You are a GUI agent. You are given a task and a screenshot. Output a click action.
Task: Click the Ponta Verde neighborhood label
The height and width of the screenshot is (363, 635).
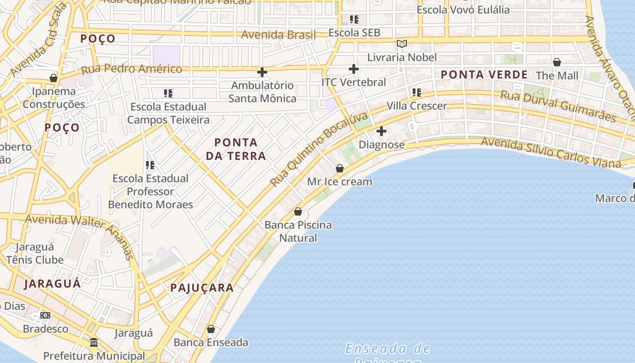tap(484, 75)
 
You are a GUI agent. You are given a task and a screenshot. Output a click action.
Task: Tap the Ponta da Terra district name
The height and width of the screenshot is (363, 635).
tap(236, 149)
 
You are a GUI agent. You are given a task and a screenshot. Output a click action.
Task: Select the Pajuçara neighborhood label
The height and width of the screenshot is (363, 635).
tap(202, 288)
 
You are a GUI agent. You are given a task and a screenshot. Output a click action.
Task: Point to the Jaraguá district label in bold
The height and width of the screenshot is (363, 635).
tap(53, 284)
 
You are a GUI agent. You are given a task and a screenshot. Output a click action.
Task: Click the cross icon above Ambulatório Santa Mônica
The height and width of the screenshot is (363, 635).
tap(262, 72)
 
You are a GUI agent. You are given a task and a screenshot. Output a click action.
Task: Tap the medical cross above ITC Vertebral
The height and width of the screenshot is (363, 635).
tap(354, 69)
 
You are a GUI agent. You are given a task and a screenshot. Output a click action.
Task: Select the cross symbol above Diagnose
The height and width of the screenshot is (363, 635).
tap(381, 131)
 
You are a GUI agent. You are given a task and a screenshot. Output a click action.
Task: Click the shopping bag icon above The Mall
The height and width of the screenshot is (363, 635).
tap(557, 62)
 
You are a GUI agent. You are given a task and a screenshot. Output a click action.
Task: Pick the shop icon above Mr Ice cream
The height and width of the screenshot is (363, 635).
tap(340, 168)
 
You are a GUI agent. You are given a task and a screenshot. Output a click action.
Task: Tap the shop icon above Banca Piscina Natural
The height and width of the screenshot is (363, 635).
tap(298, 211)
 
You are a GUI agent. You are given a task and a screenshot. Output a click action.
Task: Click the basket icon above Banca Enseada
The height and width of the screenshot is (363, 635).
tap(211, 329)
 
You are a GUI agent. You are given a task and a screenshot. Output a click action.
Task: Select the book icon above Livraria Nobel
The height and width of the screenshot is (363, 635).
tap(402, 44)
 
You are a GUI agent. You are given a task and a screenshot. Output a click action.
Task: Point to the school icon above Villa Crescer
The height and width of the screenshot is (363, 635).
tap(417, 93)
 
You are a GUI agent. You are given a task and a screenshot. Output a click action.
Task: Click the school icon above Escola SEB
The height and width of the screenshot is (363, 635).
tap(354, 20)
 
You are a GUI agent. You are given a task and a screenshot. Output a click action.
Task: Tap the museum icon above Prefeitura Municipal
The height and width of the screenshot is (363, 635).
tap(94, 342)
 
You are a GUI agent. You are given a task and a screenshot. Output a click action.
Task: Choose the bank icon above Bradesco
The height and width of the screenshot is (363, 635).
tap(45, 315)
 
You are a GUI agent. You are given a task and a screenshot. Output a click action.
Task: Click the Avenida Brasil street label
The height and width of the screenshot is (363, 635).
tap(278, 34)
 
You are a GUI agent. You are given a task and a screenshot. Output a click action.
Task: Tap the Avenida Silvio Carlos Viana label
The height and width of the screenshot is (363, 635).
tap(550, 152)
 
